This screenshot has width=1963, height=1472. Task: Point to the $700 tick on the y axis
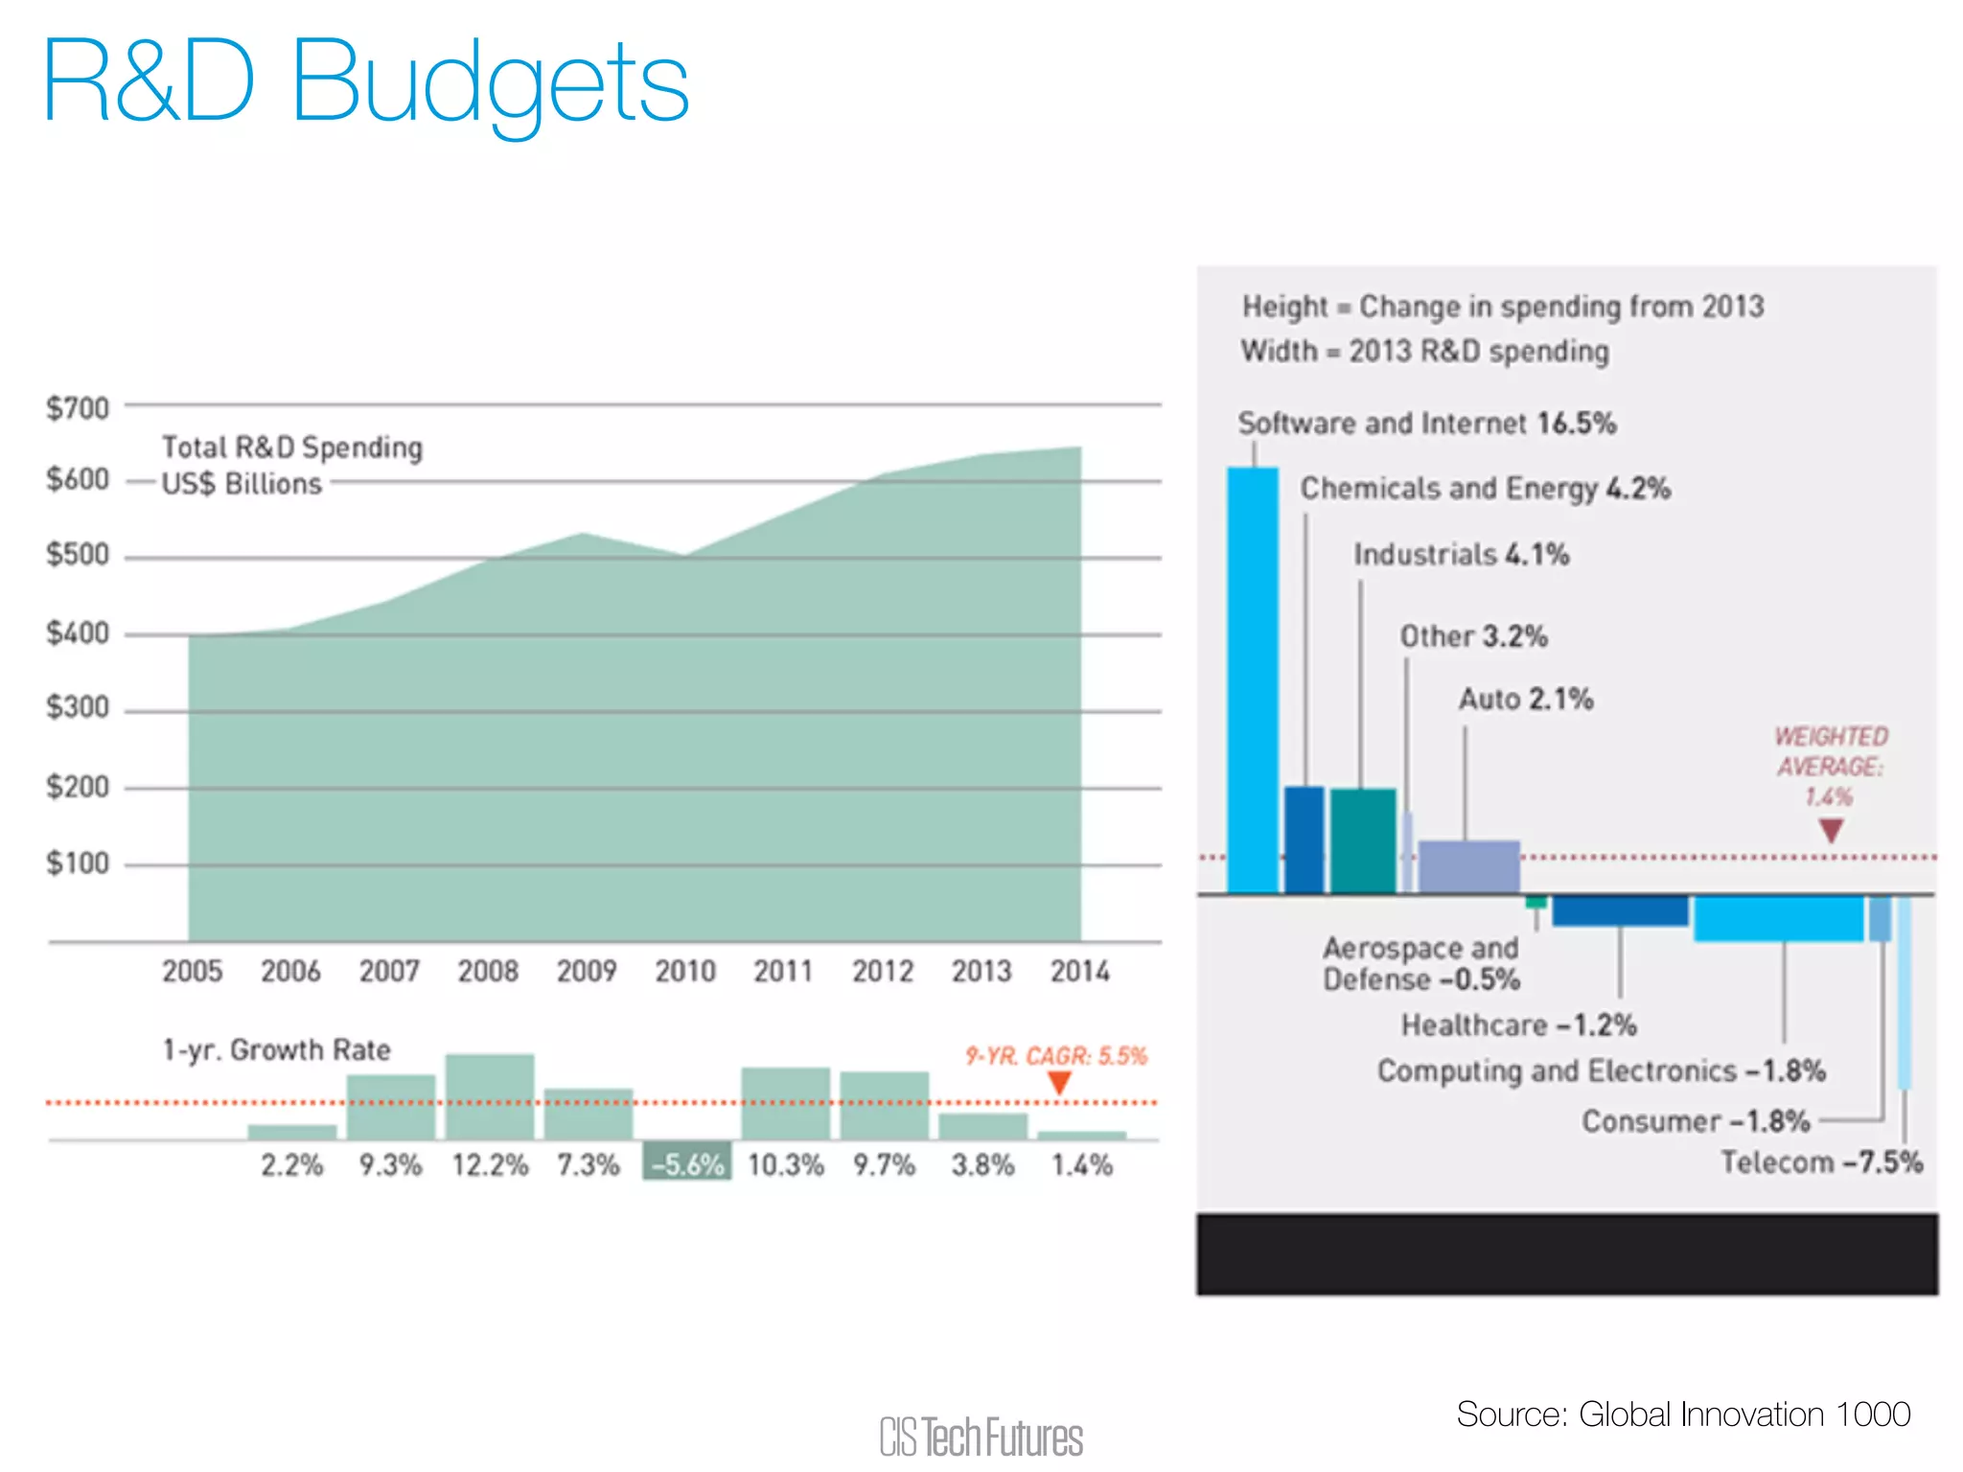click(79, 408)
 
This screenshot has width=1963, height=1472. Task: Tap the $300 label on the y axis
click(79, 707)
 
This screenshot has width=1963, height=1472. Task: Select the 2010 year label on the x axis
click(684, 971)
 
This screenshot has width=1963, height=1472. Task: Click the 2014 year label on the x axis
click(1079, 971)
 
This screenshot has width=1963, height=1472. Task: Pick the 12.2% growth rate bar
click(489, 1096)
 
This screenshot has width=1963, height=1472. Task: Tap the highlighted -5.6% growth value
click(686, 1164)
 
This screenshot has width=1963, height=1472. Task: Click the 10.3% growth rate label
click(785, 1164)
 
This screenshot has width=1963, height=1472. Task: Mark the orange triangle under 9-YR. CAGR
click(1058, 1083)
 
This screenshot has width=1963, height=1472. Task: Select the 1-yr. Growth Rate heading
click(276, 1049)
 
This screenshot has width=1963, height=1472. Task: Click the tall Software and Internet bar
click(1252, 680)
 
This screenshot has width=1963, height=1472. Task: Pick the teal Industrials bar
click(1362, 840)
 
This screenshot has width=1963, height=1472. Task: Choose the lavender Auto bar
click(1468, 866)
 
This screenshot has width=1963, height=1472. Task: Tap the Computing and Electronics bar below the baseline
click(1777, 918)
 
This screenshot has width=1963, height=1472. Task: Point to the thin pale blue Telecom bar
click(1904, 992)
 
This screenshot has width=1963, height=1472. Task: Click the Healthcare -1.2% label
click(1518, 1024)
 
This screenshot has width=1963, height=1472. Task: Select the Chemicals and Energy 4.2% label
click(1485, 488)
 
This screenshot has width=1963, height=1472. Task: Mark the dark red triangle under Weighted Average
click(1830, 830)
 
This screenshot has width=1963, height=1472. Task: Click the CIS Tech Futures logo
click(981, 1437)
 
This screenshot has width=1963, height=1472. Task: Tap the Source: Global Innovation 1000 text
click(1682, 1414)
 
